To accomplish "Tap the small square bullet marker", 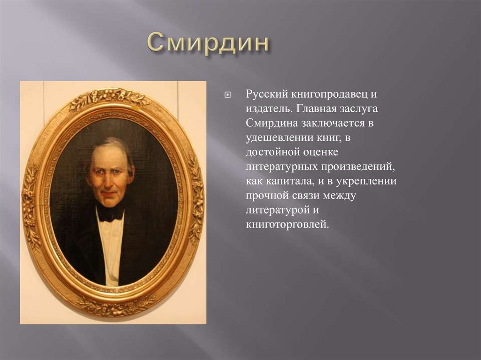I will tap(227, 94).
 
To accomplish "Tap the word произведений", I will tap(356, 167).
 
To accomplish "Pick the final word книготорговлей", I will tap(285, 225).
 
